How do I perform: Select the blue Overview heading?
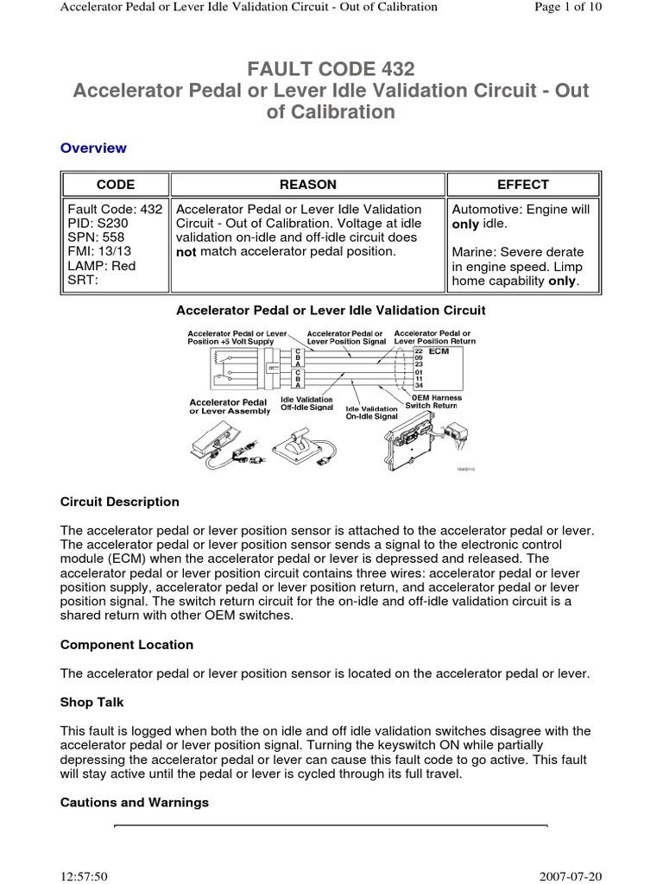click(93, 148)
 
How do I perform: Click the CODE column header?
click(115, 185)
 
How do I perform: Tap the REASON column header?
click(308, 185)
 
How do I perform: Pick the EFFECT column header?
click(522, 185)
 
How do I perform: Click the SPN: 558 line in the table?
click(97, 237)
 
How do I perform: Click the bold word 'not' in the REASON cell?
click(186, 251)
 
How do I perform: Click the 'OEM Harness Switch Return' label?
click(439, 401)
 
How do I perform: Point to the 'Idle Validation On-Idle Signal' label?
click(371, 412)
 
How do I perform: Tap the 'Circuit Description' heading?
click(120, 502)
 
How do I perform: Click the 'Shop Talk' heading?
click(92, 703)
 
